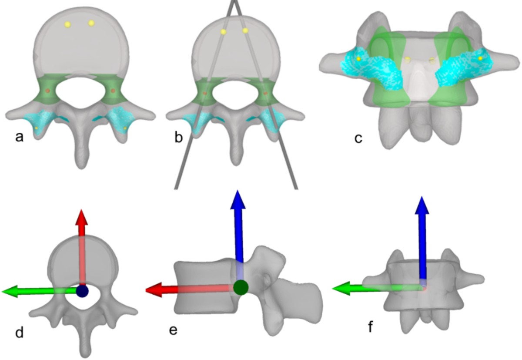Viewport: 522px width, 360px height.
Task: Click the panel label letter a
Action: tap(19, 138)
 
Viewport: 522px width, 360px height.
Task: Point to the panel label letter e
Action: tap(174, 330)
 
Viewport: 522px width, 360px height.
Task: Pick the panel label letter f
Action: tap(371, 326)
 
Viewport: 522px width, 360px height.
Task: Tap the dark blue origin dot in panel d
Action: tap(82, 291)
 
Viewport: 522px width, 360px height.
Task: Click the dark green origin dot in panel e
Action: tap(241, 287)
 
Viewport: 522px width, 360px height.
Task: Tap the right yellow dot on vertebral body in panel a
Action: tap(91, 23)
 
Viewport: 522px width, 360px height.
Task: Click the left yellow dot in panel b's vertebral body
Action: tap(223, 31)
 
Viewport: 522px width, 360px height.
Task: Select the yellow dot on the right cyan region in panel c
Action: tap(480, 58)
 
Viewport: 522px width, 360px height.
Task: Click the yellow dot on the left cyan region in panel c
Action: tap(358, 58)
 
